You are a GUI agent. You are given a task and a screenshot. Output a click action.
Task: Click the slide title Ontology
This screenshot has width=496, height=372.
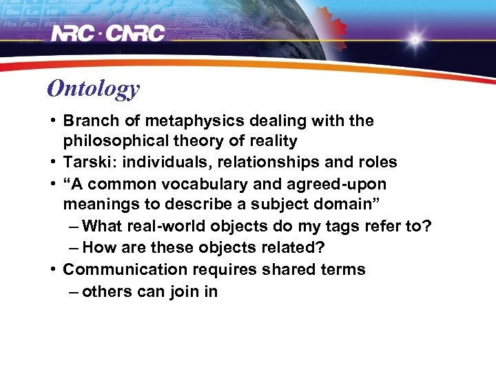93,88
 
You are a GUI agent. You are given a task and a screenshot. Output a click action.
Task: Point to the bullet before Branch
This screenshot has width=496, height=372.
52,121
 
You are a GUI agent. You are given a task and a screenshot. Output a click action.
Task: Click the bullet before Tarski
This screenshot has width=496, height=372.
52,163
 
